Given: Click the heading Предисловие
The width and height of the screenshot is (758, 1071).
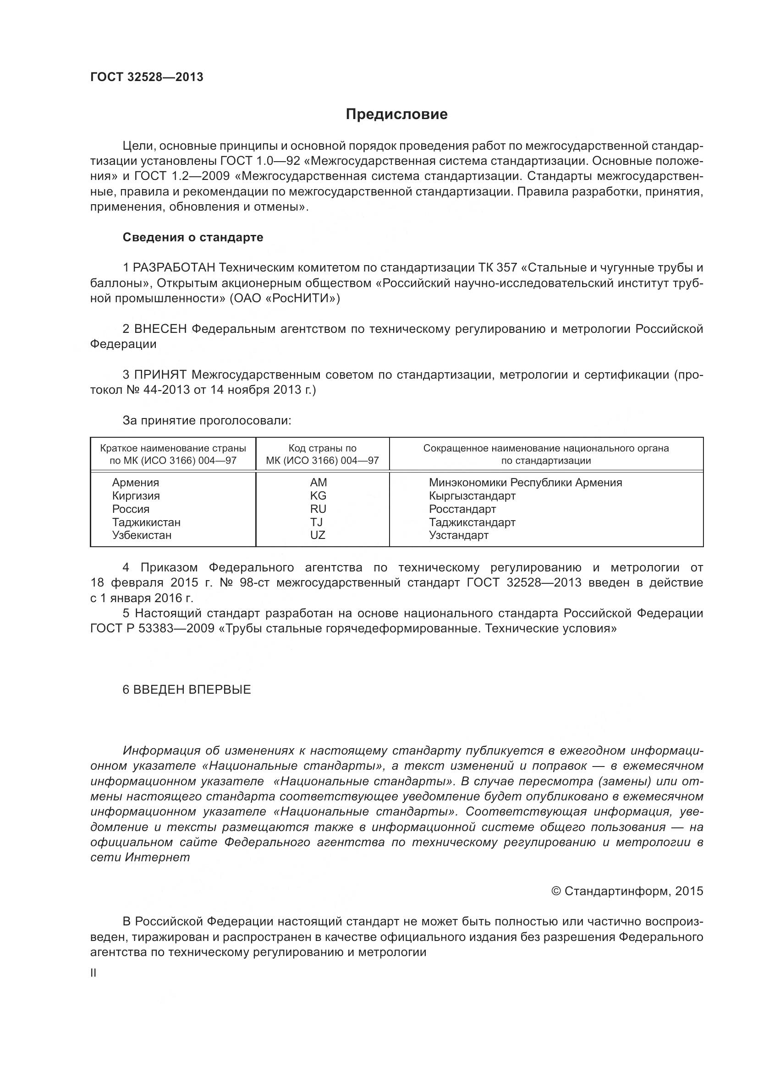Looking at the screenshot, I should point(396,114).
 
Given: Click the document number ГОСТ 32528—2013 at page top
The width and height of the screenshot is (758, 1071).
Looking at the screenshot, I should point(147,77).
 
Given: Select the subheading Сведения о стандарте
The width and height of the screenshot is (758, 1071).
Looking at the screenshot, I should point(193,238).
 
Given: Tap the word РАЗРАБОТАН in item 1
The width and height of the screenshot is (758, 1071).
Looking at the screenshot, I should point(174,268).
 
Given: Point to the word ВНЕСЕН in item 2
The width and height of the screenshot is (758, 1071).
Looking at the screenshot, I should point(160,329).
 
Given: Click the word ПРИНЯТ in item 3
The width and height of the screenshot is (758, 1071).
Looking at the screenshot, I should point(160,375).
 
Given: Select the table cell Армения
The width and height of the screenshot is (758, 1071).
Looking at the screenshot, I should point(135,482).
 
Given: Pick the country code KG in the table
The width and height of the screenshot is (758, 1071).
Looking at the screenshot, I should point(319,495).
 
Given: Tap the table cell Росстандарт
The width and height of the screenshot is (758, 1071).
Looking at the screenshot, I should point(462,509).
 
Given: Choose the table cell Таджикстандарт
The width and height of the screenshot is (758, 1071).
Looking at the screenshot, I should point(472,522).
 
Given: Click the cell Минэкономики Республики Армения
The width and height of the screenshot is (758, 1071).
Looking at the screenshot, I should point(525,482).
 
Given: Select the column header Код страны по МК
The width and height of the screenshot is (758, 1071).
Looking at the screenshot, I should point(322,454).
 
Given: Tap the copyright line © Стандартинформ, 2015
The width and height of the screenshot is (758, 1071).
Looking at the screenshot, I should point(627,891).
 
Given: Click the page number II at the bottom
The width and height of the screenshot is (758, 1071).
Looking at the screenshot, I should point(93,973).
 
